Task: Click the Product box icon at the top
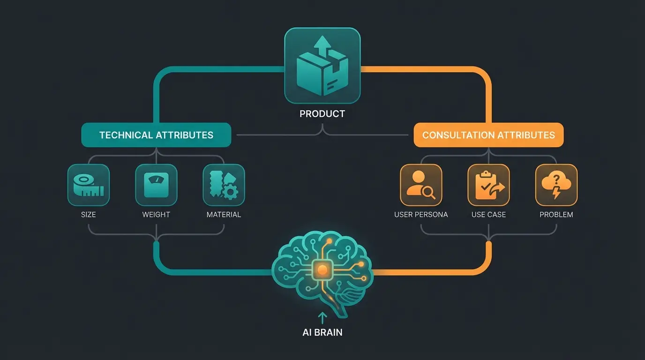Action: (x=322, y=65)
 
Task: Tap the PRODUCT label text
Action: (x=322, y=113)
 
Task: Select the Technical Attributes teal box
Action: (x=156, y=135)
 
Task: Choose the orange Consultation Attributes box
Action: (x=488, y=135)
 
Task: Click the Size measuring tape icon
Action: (x=89, y=185)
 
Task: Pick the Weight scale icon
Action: (x=156, y=185)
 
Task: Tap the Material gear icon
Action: (x=224, y=185)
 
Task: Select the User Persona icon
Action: (x=421, y=185)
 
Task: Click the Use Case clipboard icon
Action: (x=488, y=185)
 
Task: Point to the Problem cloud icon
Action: (x=556, y=185)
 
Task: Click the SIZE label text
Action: (x=88, y=215)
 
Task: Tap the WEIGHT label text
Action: (x=156, y=215)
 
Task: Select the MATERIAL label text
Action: (x=224, y=215)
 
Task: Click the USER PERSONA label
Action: (x=421, y=215)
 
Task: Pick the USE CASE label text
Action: (x=488, y=215)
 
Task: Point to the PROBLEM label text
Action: (x=556, y=215)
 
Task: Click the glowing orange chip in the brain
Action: (x=322, y=269)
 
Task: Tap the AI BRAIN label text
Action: (x=322, y=332)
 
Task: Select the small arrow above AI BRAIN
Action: (x=322, y=318)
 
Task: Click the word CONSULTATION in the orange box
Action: (x=457, y=135)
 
